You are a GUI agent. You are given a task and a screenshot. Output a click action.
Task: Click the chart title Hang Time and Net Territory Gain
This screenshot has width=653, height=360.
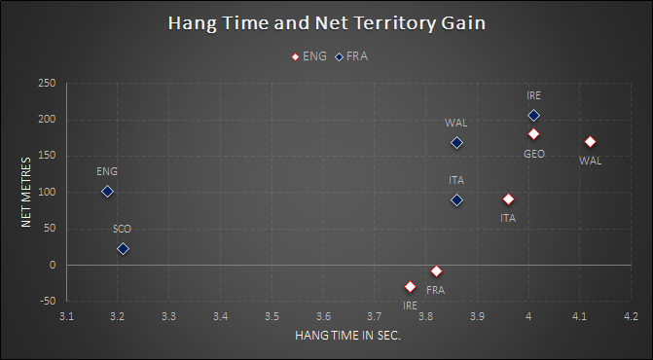click(326, 22)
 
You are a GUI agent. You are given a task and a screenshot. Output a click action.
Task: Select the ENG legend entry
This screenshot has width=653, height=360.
click(310, 56)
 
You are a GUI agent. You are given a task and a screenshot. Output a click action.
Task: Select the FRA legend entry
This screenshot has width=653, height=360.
click(352, 56)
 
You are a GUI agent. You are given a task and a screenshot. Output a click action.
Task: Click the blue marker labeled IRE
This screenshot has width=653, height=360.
click(533, 116)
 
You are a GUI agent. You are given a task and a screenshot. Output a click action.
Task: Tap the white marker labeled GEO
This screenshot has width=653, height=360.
click(533, 134)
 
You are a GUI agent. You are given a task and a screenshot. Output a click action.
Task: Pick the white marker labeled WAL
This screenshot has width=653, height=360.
click(590, 142)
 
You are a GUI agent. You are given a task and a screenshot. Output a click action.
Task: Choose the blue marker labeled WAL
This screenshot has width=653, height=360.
click(456, 143)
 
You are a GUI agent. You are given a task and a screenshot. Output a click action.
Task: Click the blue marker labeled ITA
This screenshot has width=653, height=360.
click(456, 200)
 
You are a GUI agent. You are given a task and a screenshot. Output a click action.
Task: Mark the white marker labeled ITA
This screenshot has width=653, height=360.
click(508, 199)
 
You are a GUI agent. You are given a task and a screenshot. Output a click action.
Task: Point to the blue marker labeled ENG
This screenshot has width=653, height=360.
click(107, 192)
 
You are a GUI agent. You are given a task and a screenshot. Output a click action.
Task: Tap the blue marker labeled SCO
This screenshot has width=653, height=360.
click(123, 249)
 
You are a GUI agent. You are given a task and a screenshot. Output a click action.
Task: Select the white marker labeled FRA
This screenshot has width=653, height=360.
click(436, 270)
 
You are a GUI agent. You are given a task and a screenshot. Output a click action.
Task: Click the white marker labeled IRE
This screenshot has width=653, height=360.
click(410, 286)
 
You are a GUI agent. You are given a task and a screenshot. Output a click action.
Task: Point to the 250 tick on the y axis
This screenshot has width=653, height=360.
click(46, 84)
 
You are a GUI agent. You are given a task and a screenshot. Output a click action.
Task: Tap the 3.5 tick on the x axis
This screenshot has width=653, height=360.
click(272, 317)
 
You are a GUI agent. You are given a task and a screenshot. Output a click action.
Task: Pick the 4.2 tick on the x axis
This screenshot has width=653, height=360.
click(631, 317)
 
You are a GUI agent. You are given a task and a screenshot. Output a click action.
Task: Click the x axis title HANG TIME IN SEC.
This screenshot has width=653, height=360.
click(348, 336)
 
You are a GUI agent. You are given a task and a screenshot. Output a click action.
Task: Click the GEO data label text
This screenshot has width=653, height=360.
click(534, 154)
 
